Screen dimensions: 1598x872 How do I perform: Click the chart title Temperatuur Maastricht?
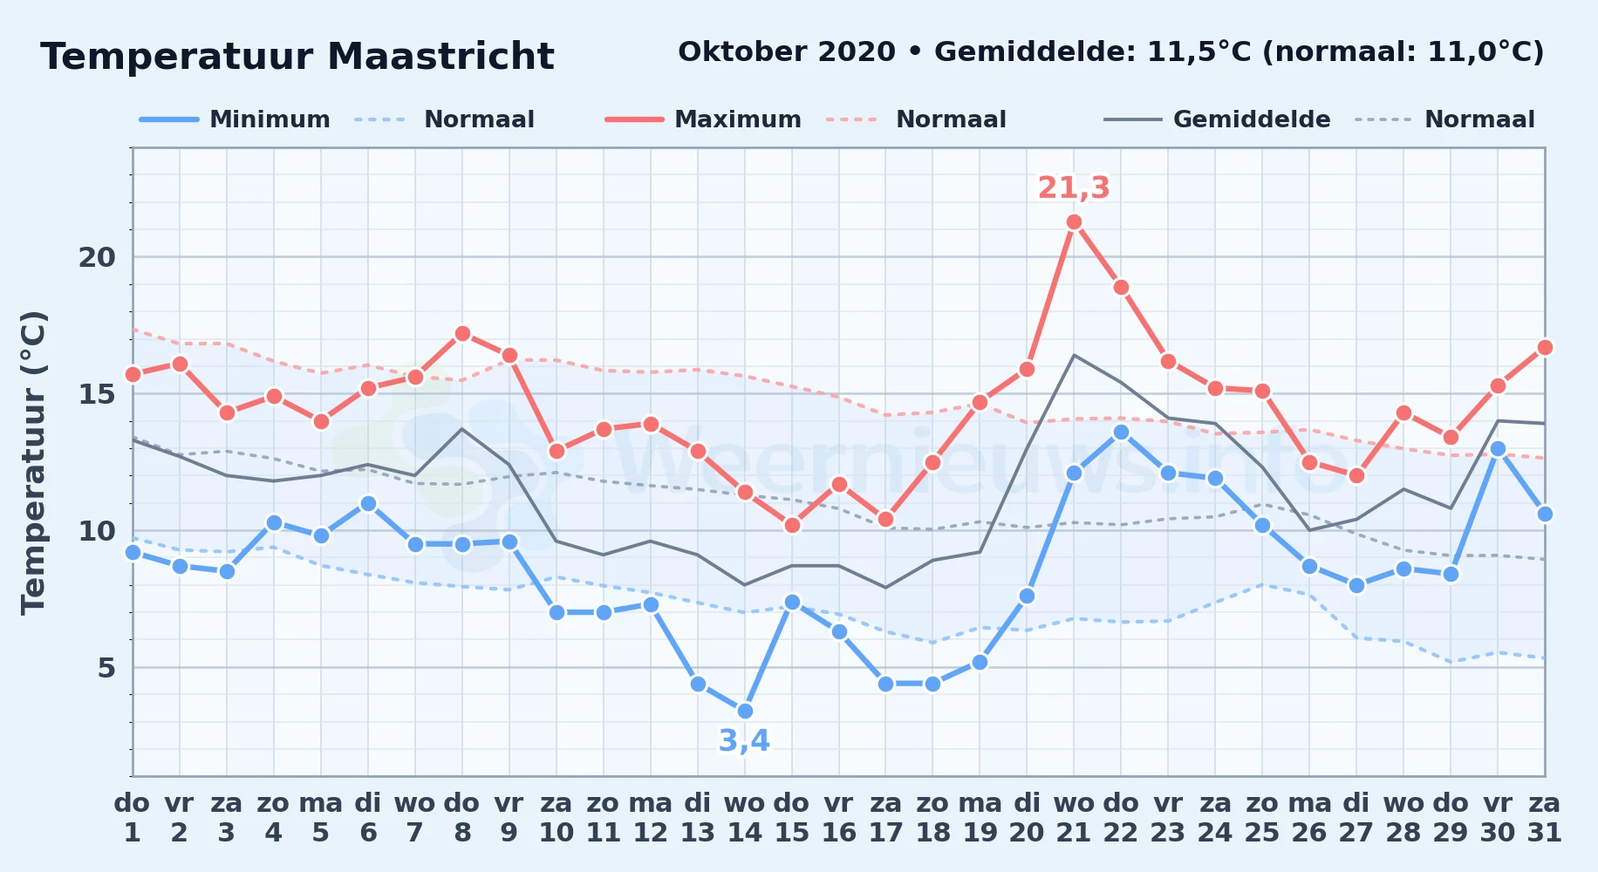(297, 57)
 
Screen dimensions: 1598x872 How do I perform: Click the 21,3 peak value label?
(1074, 187)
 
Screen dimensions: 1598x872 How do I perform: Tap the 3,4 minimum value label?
(744, 740)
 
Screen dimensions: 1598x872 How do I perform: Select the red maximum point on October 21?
(1074, 222)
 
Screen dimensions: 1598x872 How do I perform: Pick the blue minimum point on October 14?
(745, 711)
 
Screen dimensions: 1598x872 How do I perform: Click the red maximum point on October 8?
(462, 334)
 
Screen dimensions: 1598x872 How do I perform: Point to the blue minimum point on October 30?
(1498, 449)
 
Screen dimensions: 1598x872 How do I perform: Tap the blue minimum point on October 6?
(368, 504)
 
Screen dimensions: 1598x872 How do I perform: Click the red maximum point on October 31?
(1545, 348)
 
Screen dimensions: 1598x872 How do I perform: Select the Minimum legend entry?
(235, 119)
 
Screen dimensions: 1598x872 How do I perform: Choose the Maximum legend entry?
(703, 119)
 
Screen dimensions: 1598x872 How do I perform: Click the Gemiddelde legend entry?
(1217, 119)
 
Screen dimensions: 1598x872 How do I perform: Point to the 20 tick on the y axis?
(97, 257)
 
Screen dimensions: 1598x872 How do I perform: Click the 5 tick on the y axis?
(106, 668)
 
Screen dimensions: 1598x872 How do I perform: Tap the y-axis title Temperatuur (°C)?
(33, 462)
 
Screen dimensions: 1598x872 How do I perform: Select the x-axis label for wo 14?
(745, 818)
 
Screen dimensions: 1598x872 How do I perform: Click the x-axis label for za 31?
(1545, 818)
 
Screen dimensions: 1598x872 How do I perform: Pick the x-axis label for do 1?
(133, 818)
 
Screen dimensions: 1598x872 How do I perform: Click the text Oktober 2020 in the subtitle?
(787, 51)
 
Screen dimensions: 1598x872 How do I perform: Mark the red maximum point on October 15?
(792, 526)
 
